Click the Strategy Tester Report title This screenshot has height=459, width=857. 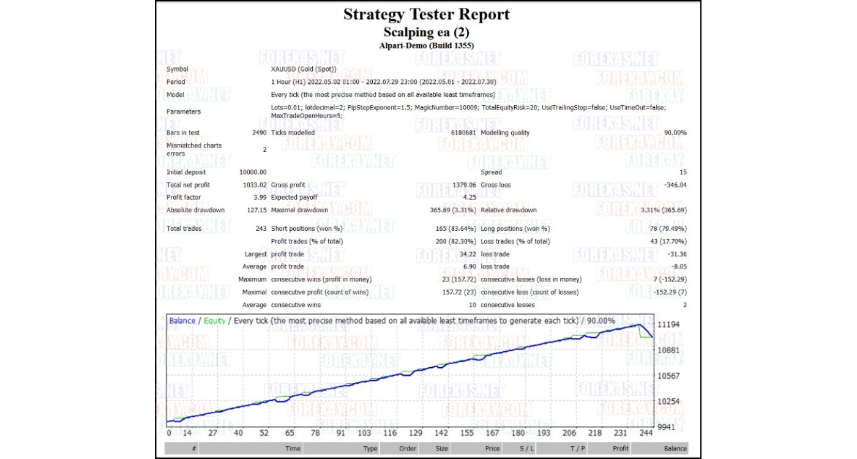(x=426, y=15)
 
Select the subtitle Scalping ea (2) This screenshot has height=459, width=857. (x=426, y=32)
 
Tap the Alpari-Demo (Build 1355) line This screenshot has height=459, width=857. (x=426, y=45)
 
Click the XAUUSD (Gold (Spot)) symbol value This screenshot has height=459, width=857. (x=304, y=69)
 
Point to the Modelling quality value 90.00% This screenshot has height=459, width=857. (x=675, y=133)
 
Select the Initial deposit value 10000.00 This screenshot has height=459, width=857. (x=253, y=173)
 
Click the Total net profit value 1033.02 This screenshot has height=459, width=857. (x=254, y=185)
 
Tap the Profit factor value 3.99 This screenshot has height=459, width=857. (x=258, y=198)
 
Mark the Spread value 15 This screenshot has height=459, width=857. (x=683, y=173)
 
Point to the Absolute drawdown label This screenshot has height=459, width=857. (x=195, y=211)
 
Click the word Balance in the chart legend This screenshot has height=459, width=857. (x=182, y=321)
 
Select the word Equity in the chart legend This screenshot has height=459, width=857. (x=215, y=321)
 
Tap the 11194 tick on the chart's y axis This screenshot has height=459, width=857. (x=669, y=324)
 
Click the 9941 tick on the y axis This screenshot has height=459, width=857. (x=667, y=427)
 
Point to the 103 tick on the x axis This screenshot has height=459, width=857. (x=364, y=433)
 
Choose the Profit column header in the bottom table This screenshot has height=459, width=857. (x=621, y=449)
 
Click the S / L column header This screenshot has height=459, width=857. (x=526, y=449)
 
